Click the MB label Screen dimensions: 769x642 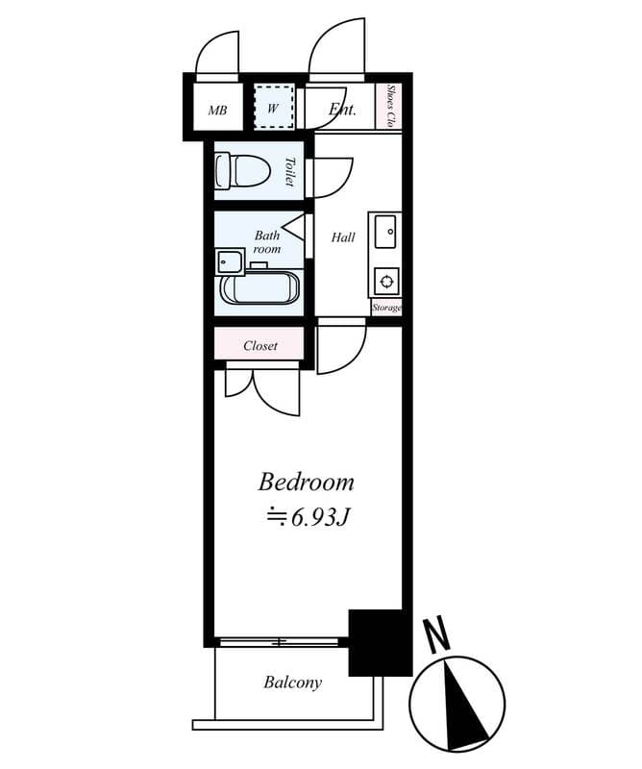coord(218,111)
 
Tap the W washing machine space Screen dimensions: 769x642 coord(273,109)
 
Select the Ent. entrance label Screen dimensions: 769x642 coord(343,110)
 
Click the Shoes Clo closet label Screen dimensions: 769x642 coord(391,107)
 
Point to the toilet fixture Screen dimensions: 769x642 coord(241,172)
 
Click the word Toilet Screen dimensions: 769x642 coord(289,171)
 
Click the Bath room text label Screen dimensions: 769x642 coord(266,241)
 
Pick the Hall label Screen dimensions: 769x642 coord(343,237)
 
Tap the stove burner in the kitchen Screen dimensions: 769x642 coord(384,281)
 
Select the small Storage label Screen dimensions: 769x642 coord(386,309)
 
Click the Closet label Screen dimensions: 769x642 coord(260,345)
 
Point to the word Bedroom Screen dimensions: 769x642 coord(307,482)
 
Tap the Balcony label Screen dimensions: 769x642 coord(292,682)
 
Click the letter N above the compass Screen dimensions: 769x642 coord(437,634)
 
